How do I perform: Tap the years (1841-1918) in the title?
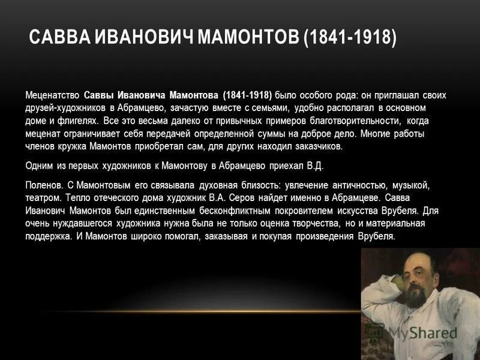[x=350, y=38]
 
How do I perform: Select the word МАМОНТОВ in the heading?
[x=247, y=38]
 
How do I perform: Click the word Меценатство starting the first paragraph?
[x=52, y=95]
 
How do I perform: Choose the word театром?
[x=43, y=198]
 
